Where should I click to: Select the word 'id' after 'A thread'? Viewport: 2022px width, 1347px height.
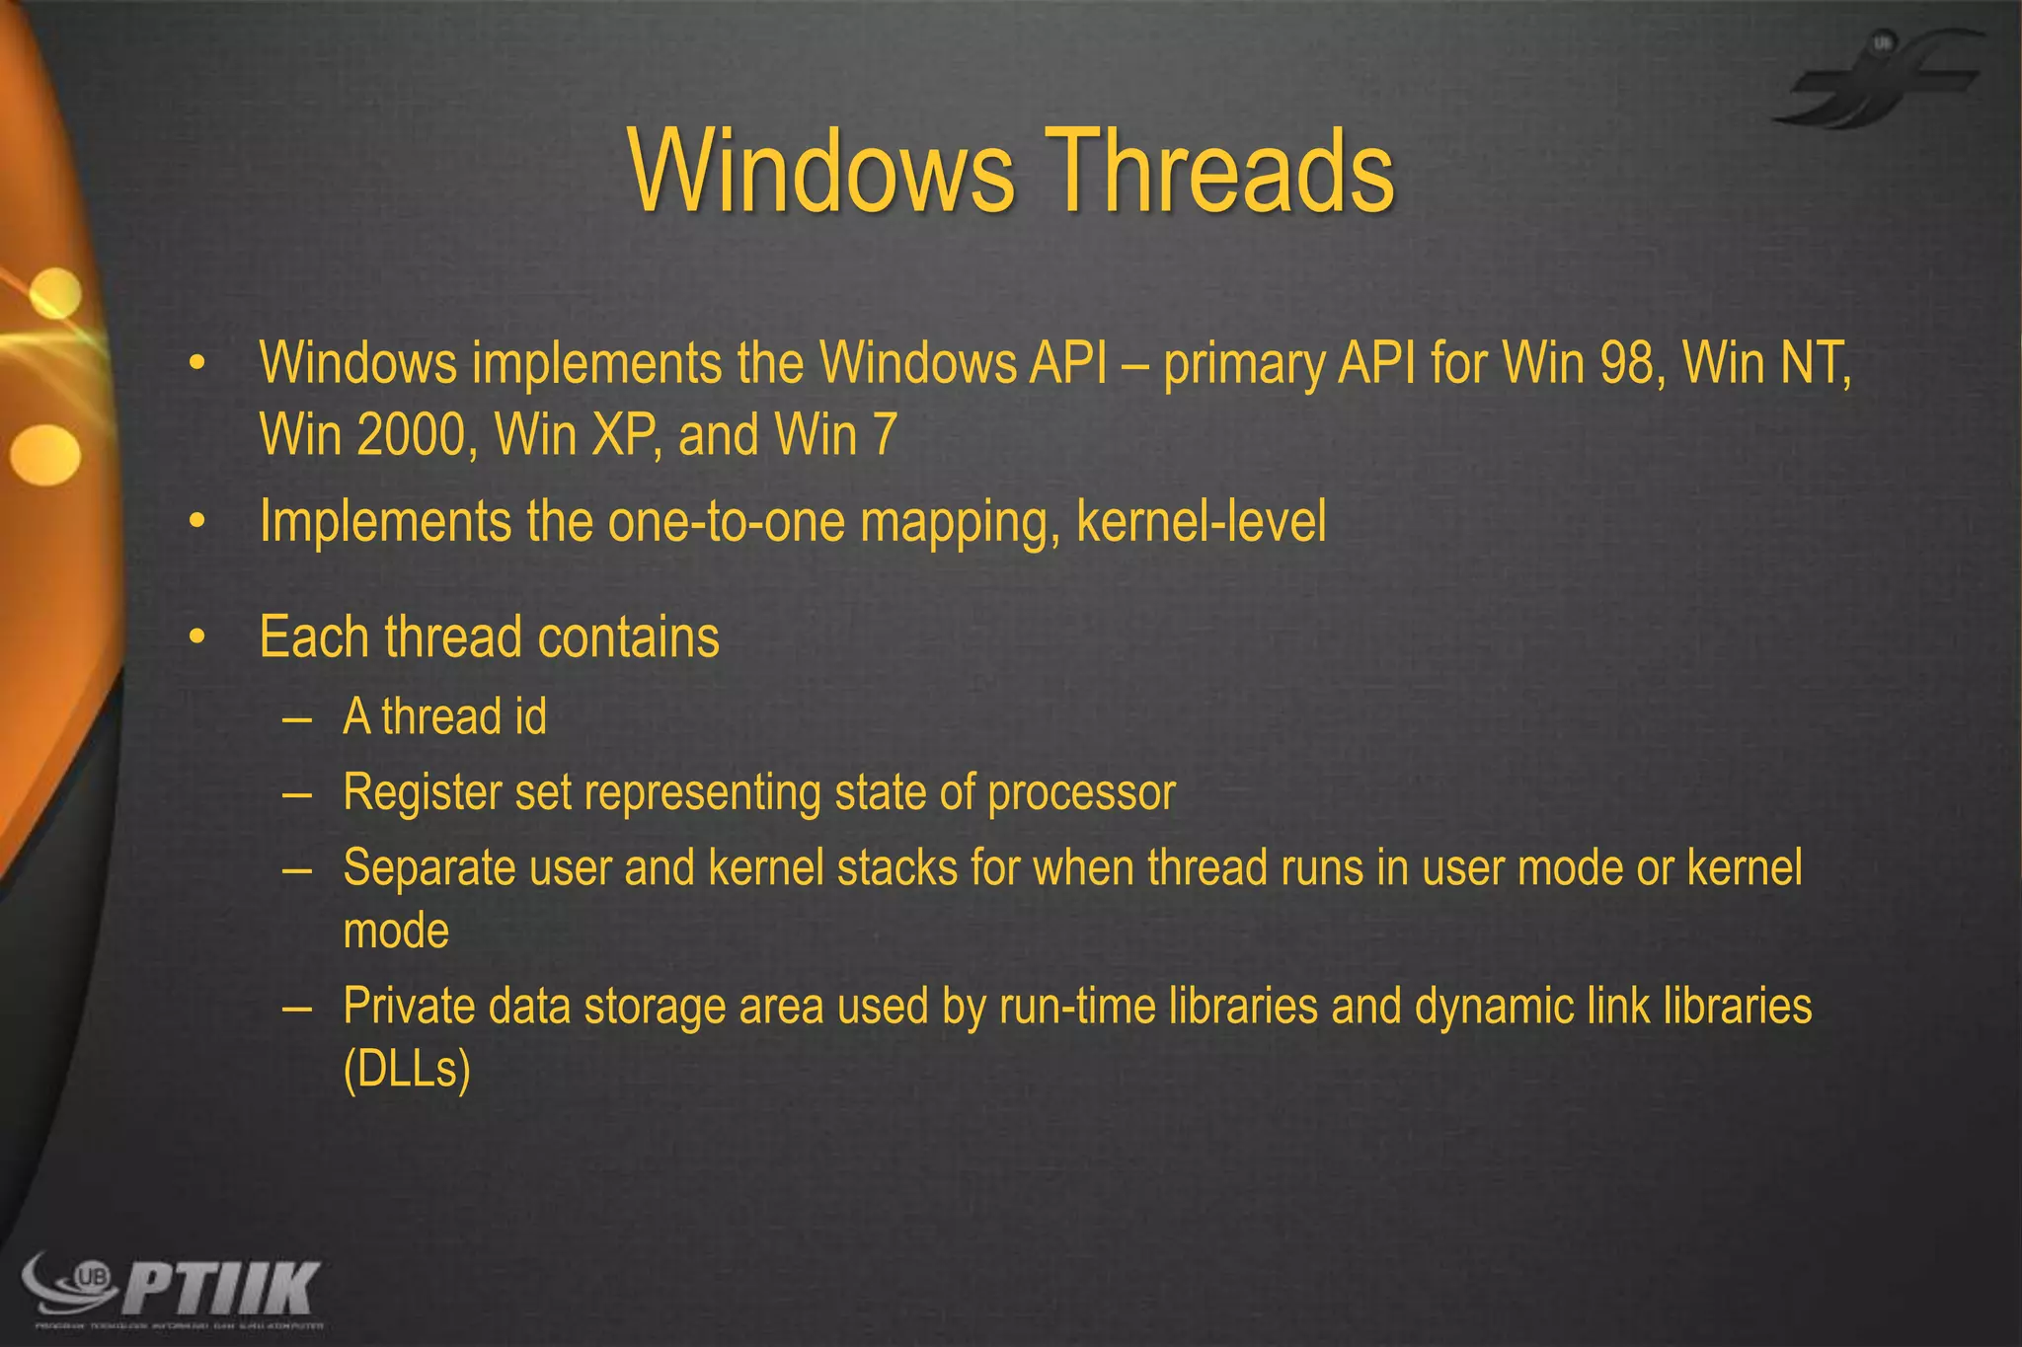pyautogui.click(x=528, y=715)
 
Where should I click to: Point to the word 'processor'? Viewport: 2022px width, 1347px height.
pyautogui.click(x=1081, y=792)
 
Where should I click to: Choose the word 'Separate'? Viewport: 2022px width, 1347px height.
pyautogui.click(x=428, y=868)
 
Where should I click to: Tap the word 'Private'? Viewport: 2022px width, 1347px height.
pyautogui.click(x=408, y=1007)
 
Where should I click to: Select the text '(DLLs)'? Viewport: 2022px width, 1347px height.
pyautogui.click(x=407, y=1070)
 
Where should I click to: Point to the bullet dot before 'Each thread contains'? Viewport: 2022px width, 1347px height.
pyautogui.click(x=197, y=638)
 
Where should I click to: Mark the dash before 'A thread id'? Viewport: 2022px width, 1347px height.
pyautogui.click(x=296, y=718)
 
